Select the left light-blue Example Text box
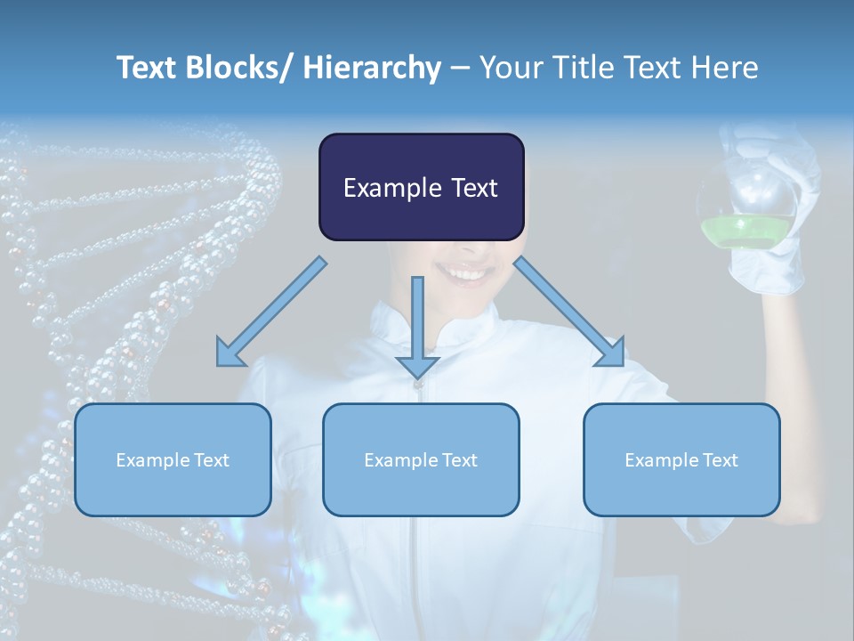pos(173,459)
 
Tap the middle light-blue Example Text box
pos(421,459)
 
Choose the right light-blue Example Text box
pos(681,459)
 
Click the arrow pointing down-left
pos(272,312)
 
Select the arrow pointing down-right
pos(569,312)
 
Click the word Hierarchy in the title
pos(372,68)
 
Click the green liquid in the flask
pos(747,232)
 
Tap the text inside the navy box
pos(421,188)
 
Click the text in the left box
pos(173,460)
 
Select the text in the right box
pos(681,460)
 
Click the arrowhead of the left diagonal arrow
pos(230,353)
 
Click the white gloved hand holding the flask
pos(774,258)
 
